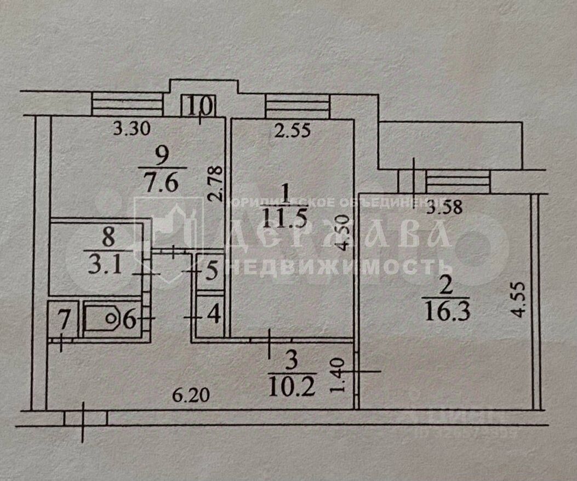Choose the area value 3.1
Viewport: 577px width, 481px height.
(108, 265)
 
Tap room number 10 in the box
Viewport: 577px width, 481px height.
(199, 105)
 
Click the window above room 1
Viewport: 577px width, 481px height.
(298, 105)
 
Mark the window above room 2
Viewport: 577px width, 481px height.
(458, 182)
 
